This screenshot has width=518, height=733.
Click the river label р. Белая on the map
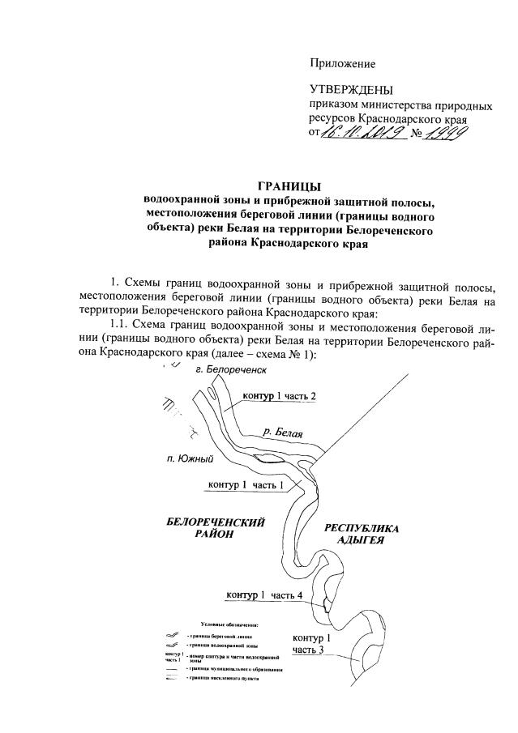[278, 434]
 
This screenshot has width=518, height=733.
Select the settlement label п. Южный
[191, 459]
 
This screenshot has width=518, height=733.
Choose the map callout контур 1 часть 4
[264, 595]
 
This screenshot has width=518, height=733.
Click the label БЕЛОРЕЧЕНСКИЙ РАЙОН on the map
[214, 528]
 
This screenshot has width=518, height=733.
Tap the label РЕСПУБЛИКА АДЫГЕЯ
[362, 535]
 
